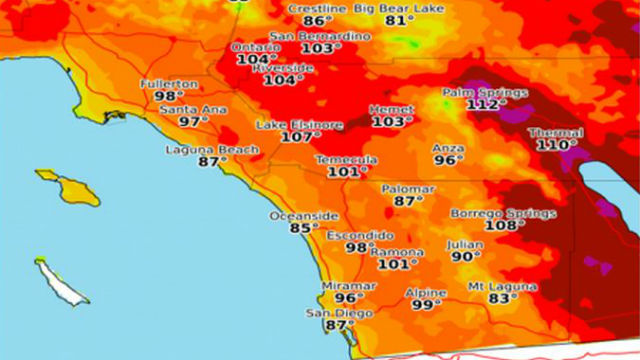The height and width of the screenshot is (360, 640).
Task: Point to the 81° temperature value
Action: [370, 20]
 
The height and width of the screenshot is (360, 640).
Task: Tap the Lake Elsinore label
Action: [299, 125]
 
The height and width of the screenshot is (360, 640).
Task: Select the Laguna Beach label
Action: [211, 150]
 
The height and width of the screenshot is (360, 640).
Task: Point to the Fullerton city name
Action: [169, 83]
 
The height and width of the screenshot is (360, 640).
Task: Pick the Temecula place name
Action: [346, 160]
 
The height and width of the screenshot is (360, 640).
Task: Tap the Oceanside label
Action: [304, 216]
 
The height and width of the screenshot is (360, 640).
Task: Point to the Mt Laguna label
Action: [502, 287]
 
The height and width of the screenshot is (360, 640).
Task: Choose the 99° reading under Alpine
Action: [427, 304]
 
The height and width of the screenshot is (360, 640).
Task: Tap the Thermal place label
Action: [555, 132]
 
